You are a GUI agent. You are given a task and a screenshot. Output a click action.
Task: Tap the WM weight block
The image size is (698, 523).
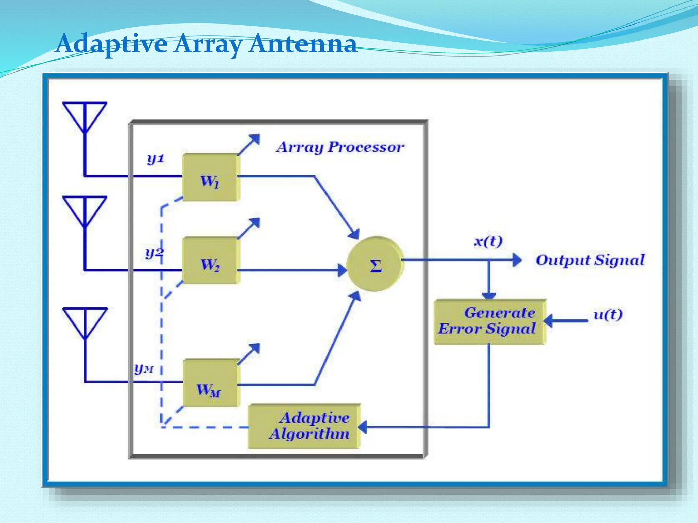(x=210, y=383)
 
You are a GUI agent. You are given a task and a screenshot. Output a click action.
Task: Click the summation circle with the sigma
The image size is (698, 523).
(x=375, y=264)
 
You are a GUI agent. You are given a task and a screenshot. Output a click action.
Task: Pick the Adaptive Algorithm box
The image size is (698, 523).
(x=304, y=426)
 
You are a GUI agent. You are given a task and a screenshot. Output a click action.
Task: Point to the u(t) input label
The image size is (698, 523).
(x=608, y=314)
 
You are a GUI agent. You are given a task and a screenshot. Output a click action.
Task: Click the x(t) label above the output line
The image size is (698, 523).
(x=488, y=242)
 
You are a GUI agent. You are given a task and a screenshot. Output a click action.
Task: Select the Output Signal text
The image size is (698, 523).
(x=590, y=260)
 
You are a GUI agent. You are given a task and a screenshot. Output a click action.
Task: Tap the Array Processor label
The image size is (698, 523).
(x=340, y=147)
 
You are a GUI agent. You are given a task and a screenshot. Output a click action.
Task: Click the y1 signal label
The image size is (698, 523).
(x=155, y=159)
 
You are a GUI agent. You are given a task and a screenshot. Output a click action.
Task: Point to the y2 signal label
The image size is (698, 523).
(x=154, y=253)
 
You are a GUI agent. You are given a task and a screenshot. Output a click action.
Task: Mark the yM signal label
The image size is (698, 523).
(x=144, y=368)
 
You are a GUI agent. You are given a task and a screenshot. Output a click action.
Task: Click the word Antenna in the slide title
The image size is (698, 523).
(x=302, y=44)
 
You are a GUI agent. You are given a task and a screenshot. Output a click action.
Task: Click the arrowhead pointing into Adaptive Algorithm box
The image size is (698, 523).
(x=363, y=427)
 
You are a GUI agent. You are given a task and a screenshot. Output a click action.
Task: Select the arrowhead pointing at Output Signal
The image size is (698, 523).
(x=517, y=260)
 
